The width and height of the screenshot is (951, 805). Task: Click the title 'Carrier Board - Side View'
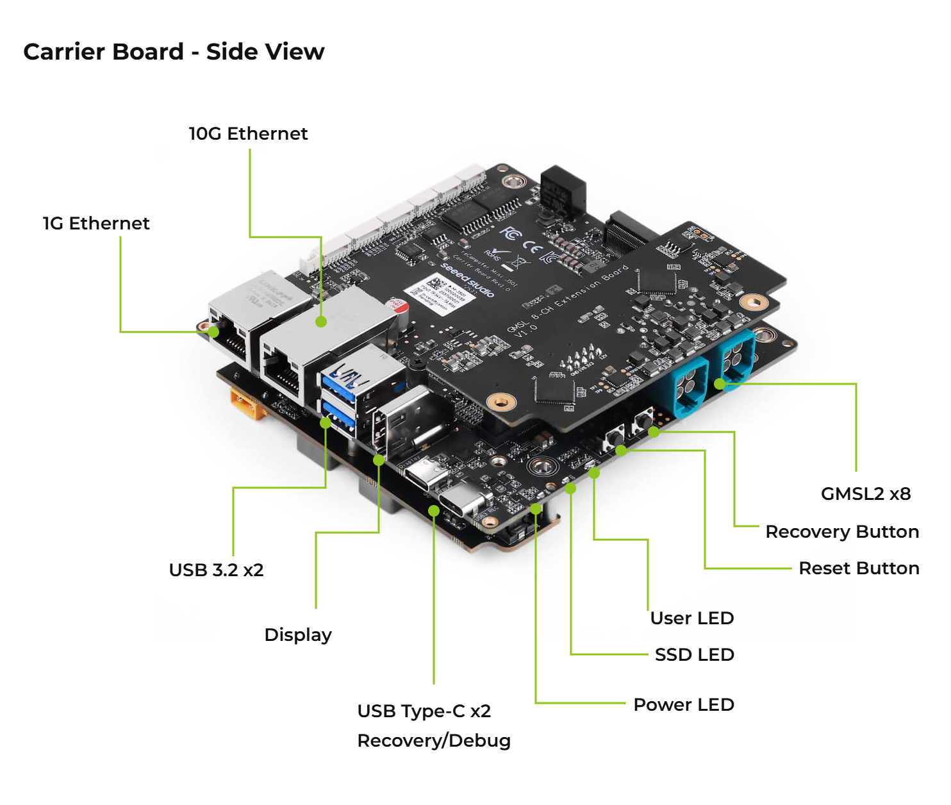point(174,52)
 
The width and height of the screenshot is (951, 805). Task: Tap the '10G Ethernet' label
point(248,133)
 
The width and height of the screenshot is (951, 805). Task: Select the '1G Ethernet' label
point(96,223)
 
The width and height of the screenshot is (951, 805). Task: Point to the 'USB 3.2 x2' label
point(216,570)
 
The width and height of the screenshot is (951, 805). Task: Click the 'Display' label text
point(298,635)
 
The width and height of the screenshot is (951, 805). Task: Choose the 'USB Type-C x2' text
point(424,711)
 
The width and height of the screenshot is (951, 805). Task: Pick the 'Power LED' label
point(683,704)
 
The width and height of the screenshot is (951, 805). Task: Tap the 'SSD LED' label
point(694,654)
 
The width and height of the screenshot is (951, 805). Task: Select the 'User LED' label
point(691,618)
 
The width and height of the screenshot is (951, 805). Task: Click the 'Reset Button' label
point(859,568)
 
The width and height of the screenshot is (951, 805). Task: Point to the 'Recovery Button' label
point(842,531)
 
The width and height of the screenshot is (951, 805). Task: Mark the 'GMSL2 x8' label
point(865,494)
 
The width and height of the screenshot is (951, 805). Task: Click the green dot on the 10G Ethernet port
point(321,322)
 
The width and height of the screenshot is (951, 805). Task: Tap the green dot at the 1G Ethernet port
point(213,331)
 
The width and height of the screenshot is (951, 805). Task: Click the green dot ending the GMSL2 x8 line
point(720,384)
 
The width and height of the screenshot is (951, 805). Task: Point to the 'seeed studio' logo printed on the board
point(468,280)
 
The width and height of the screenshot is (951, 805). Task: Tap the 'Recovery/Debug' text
point(434,740)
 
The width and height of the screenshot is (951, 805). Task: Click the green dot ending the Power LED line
point(536,509)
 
